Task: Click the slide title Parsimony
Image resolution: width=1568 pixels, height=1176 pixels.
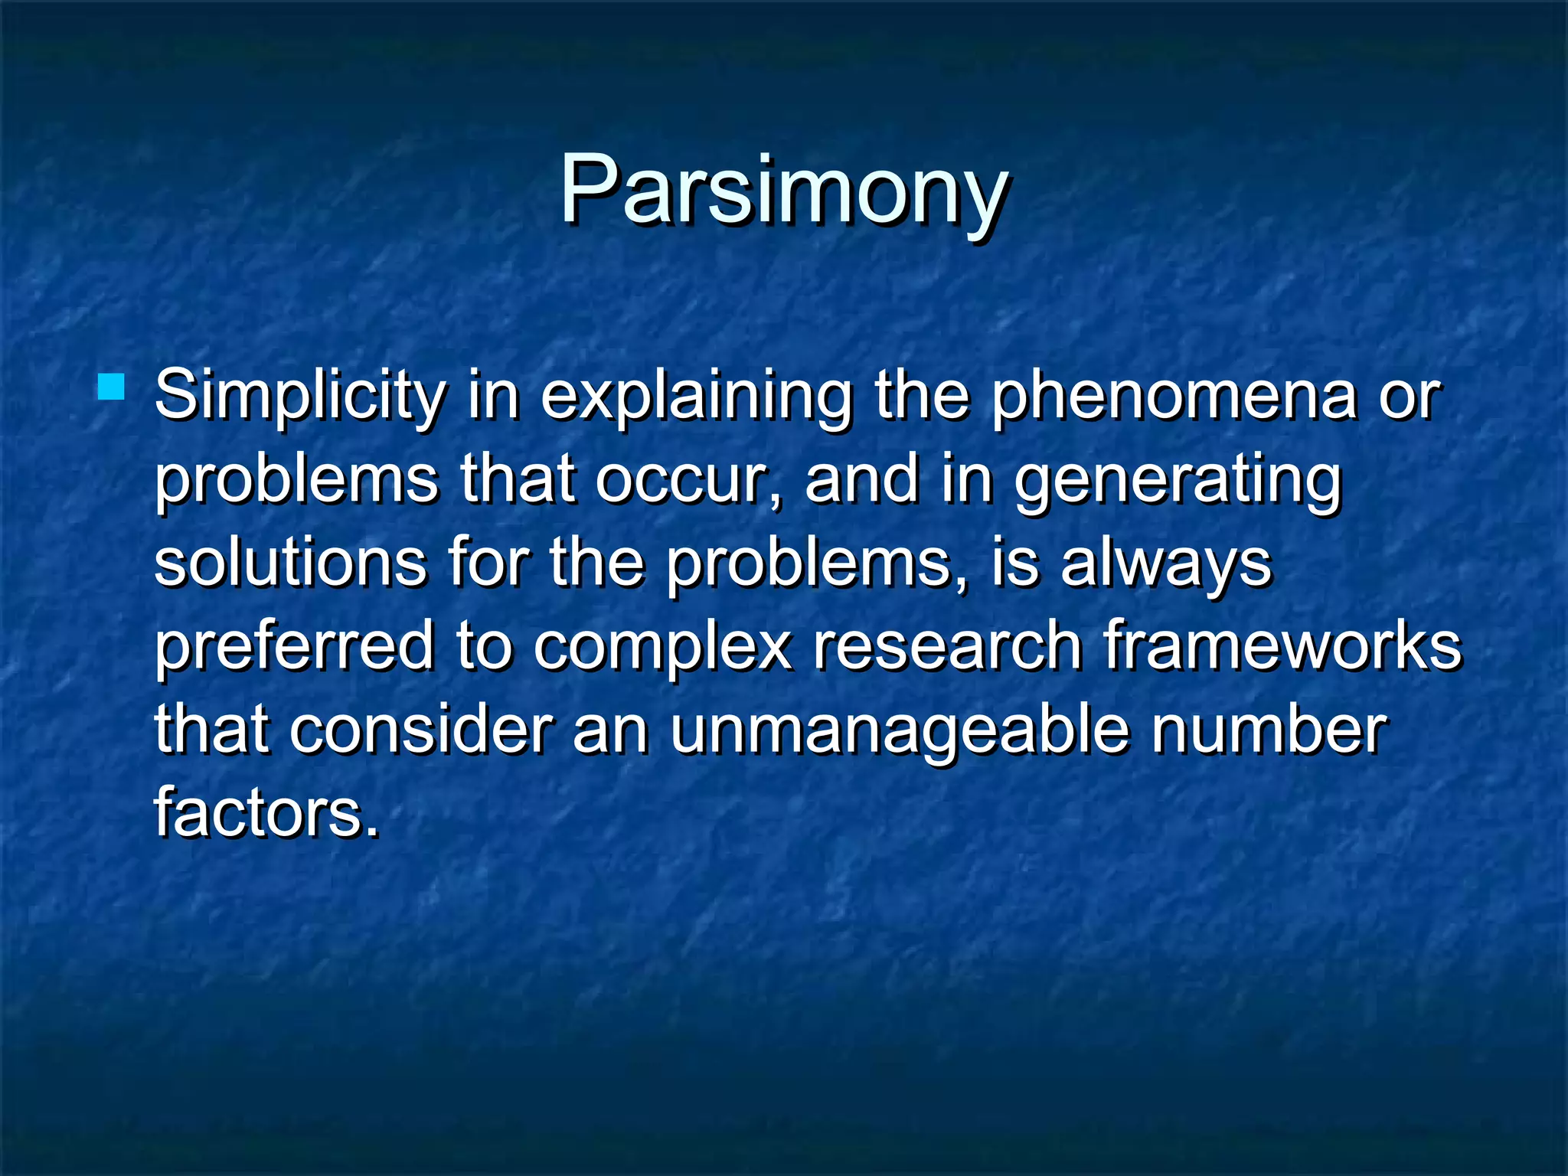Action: [784, 190]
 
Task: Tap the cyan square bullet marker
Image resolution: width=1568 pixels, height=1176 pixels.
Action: [112, 387]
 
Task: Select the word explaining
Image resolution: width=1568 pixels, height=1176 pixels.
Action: [696, 397]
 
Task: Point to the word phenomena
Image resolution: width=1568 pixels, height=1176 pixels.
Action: [1174, 397]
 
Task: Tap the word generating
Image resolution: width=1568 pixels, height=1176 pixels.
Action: [1178, 481]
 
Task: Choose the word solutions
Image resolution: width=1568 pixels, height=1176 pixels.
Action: [290, 563]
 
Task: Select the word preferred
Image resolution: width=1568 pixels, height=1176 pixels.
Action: [294, 648]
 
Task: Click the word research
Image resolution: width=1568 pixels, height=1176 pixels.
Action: [947, 648]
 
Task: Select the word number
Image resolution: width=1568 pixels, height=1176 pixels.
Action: [1269, 730]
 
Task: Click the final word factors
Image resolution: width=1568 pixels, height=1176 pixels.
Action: [266, 813]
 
